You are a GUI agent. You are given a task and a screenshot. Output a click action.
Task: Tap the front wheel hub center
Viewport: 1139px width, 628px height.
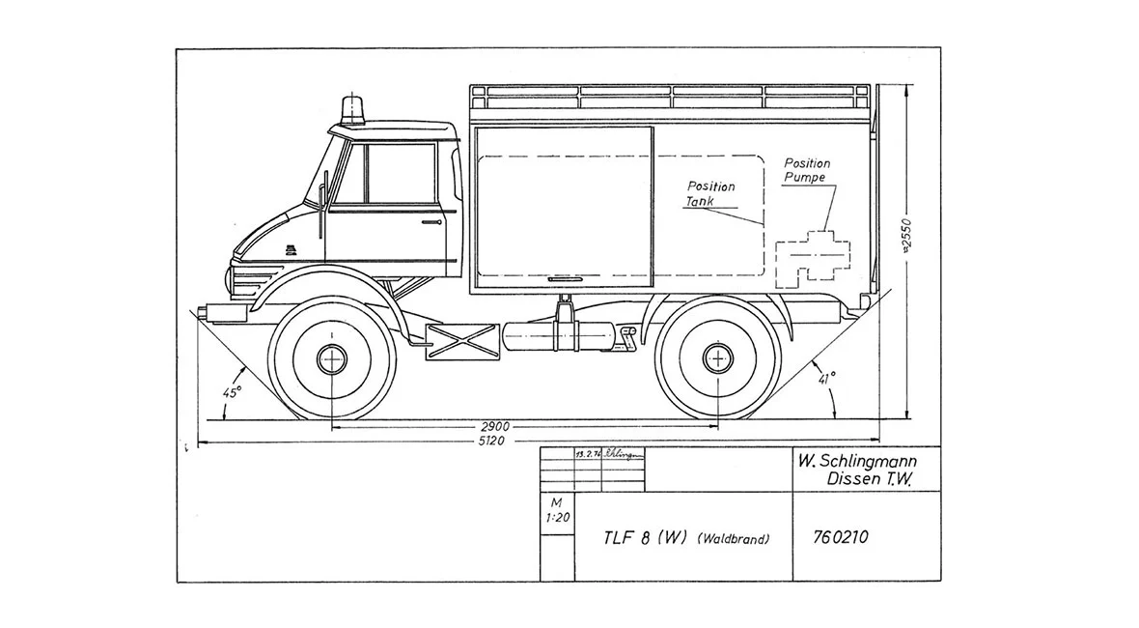coord(332,358)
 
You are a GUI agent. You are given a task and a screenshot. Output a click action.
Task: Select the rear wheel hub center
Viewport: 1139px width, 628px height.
coord(717,358)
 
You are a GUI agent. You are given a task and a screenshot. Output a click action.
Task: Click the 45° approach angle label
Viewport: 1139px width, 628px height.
coord(232,392)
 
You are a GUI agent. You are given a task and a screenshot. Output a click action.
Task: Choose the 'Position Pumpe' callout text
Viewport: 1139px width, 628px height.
coord(806,171)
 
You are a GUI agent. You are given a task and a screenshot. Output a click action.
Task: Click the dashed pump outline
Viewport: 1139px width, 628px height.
coord(814,256)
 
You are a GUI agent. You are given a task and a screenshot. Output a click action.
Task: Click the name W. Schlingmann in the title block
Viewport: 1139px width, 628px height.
coord(855,461)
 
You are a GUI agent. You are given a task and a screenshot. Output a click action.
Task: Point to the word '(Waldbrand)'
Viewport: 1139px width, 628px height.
coord(735,539)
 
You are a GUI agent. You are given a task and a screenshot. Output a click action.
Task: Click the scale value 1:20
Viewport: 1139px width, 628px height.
coord(557,517)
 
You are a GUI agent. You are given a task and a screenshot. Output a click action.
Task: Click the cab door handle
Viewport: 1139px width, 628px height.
coord(431,220)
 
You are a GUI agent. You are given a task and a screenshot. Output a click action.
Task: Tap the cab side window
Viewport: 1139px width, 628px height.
coord(399,174)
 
